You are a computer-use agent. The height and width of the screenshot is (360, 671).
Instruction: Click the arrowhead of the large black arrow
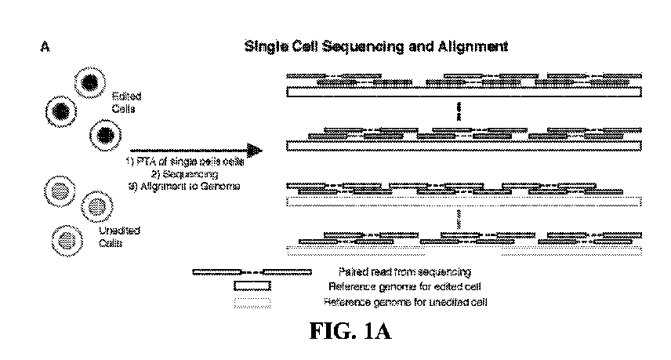252,150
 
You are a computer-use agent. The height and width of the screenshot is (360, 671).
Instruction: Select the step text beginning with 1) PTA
188,162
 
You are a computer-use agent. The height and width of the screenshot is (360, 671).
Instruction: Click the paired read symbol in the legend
252,272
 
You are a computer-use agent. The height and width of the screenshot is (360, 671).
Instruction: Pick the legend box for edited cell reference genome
252,286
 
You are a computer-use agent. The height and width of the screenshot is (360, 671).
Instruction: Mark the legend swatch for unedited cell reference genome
252,301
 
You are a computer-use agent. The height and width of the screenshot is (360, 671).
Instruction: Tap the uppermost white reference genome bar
465,92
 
